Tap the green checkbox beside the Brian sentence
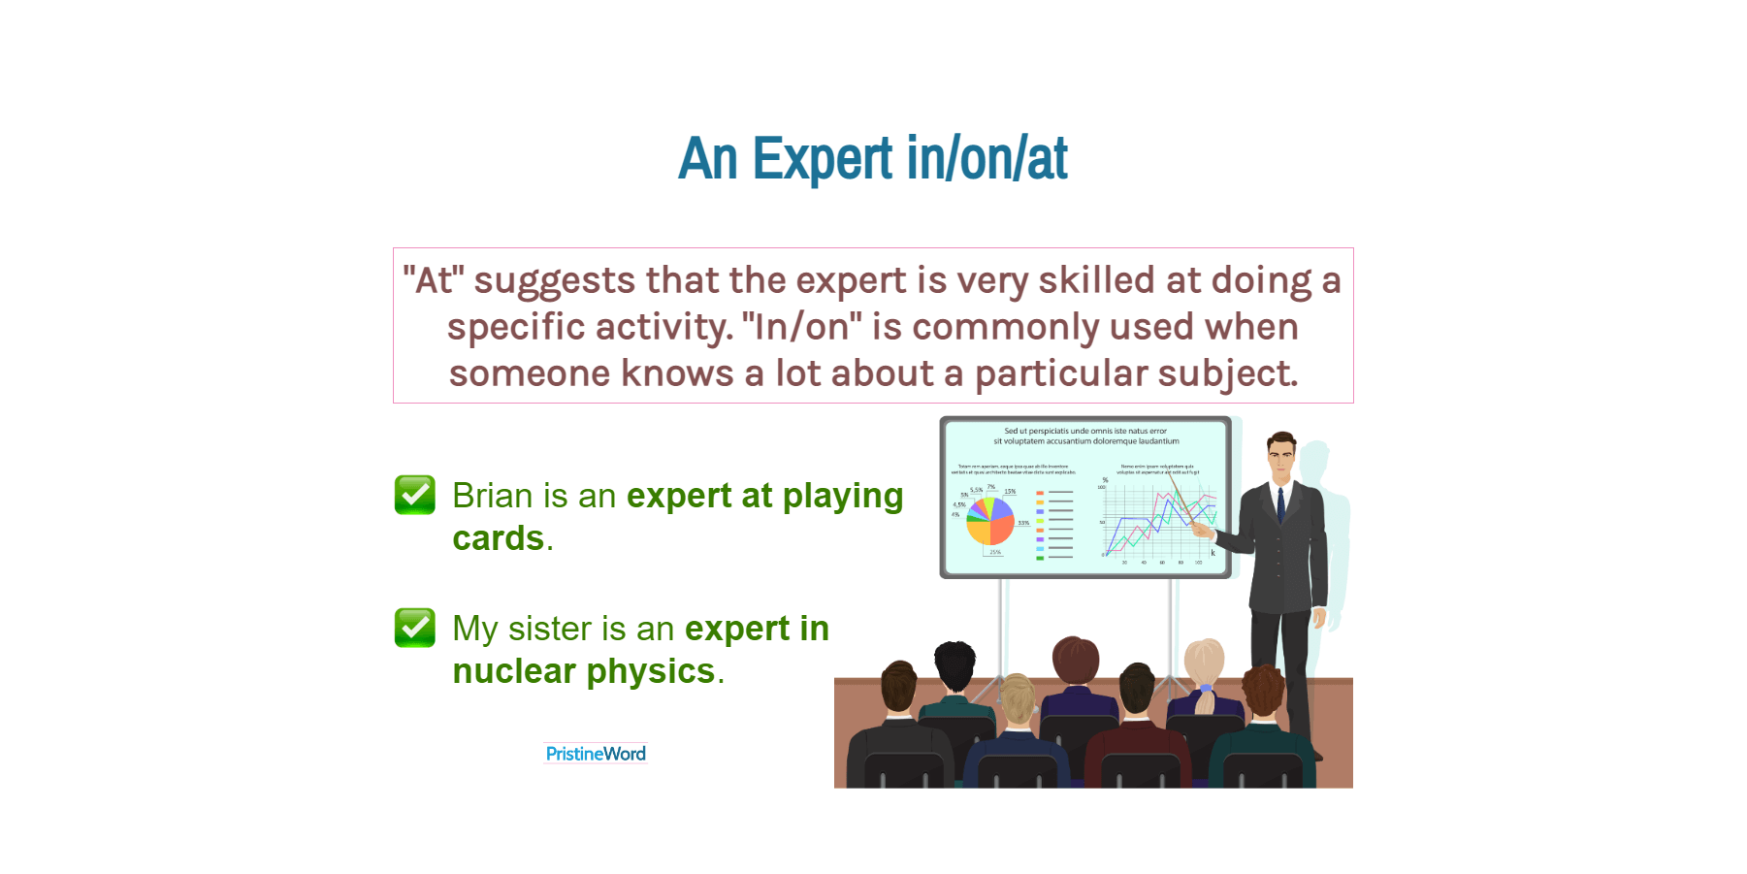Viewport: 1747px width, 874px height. (x=415, y=495)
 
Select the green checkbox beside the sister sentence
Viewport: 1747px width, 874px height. (x=415, y=628)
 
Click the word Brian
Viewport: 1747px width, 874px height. (x=493, y=496)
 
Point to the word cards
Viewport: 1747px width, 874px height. (x=499, y=538)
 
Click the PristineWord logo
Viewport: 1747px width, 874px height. (x=596, y=754)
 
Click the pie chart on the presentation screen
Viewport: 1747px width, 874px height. (x=990, y=521)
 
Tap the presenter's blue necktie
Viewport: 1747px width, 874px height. (x=1280, y=504)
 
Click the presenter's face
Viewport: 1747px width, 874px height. (x=1281, y=458)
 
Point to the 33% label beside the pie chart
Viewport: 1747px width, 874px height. (x=1023, y=523)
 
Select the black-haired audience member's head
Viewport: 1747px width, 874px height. (x=954, y=665)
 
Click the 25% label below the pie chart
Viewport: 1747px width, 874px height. (x=995, y=552)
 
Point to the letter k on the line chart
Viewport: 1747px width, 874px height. (x=1213, y=553)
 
